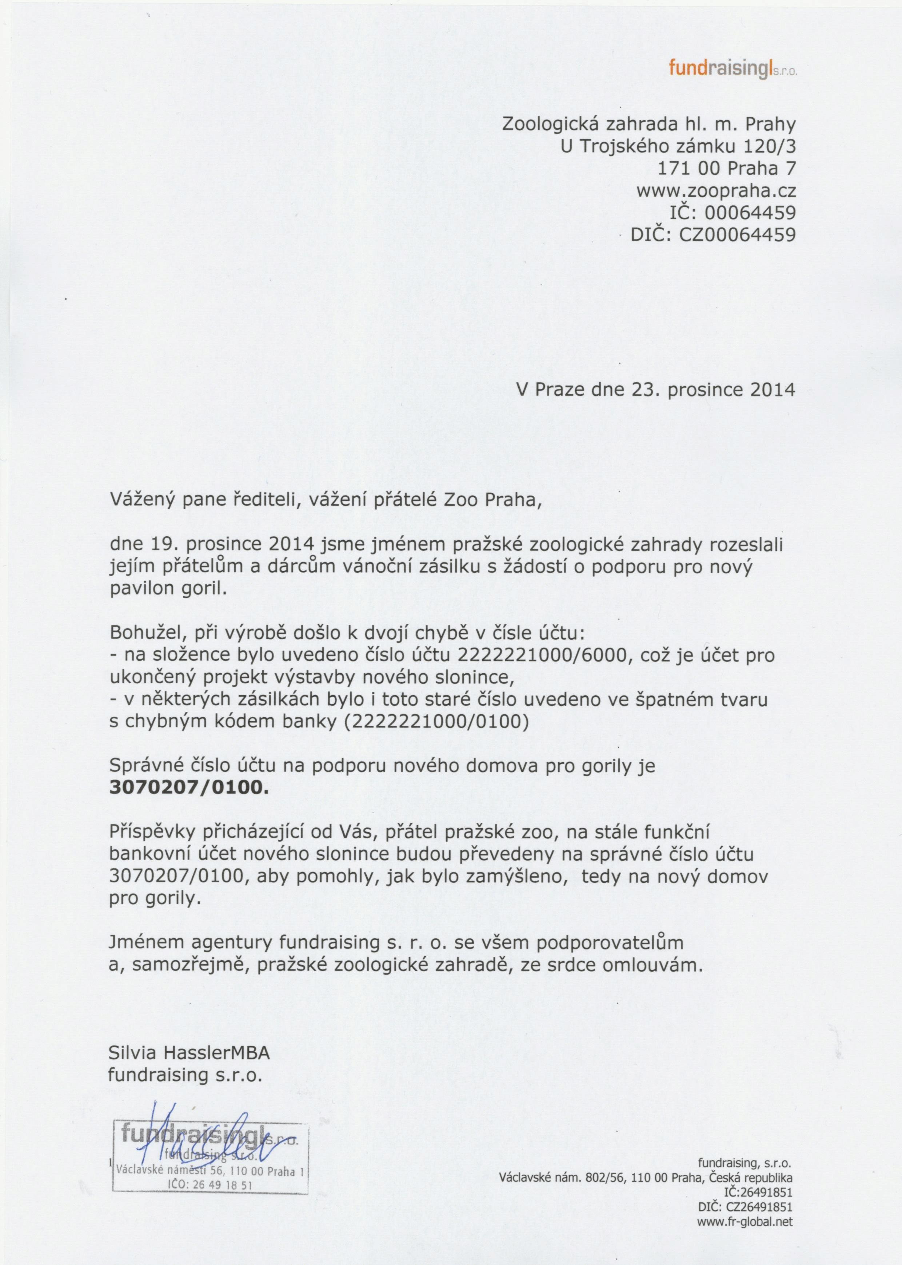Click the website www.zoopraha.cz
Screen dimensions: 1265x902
coord(717,191)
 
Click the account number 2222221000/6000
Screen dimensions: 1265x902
coord(546,656)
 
